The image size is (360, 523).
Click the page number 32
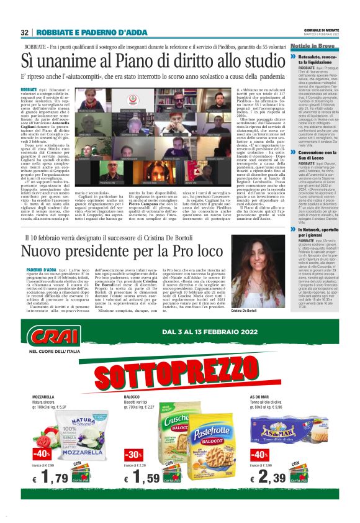(x=24, y=32)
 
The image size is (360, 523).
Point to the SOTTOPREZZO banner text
(x=180, y=375)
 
